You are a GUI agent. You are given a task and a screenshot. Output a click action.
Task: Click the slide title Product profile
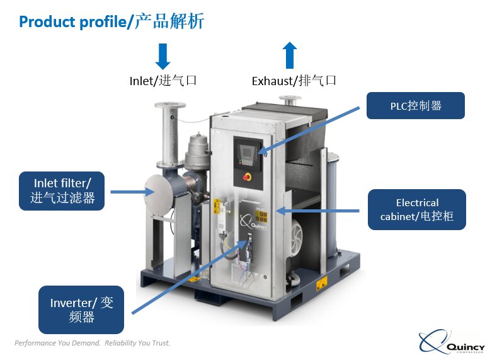point(111,21)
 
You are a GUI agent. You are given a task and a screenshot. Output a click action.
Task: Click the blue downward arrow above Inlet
point(163,56)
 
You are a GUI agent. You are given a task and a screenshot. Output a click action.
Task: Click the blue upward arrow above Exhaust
point(290,55)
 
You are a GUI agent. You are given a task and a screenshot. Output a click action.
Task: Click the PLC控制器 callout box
point(415,106)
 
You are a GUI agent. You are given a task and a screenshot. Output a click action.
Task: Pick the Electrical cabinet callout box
point(416,210)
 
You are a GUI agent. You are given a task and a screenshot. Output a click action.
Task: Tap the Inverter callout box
point(81,310)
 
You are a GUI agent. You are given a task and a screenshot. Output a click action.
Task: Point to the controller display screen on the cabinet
point(244,150)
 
